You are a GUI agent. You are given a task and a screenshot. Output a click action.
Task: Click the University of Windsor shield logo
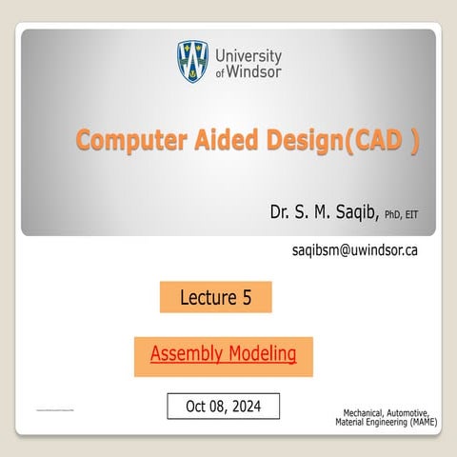tap(193, 62)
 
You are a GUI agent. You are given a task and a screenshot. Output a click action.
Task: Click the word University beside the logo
tap(248, 56)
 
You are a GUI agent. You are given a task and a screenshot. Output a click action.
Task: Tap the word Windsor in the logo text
tap(255, 74)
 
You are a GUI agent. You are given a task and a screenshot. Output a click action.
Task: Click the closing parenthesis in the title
tap(413, 141)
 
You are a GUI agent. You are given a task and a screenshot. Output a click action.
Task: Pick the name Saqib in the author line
tap(354, 211)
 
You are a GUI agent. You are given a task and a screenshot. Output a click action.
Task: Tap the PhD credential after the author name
tap(392, 214)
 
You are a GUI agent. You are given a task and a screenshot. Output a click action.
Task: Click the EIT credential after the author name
tap(411, 214)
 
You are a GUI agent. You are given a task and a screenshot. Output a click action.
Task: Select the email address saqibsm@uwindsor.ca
tap(354, 250)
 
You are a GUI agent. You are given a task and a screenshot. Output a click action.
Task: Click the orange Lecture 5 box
tap(215, 298)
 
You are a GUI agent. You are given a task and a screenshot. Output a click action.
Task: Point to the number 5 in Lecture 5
tap(247, 298)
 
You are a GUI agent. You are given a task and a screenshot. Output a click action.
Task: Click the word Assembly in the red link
tap(187, 355)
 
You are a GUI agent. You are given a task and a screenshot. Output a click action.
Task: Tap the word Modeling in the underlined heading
tap(261, 355)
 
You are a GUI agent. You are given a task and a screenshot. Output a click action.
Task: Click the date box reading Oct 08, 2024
tap(224, 406)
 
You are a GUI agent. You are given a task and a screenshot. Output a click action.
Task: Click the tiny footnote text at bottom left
tap(53, 409)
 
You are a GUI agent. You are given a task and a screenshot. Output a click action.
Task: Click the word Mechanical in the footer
tap(367, 412)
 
